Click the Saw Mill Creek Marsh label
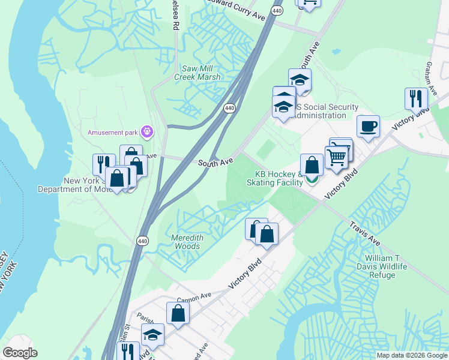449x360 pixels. tap(197, 72)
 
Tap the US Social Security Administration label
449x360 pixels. tap(321, 111)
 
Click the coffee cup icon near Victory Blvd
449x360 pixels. tap(368, 127)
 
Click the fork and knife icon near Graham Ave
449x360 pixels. tap(415, 97)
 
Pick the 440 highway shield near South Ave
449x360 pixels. tap(229, 108)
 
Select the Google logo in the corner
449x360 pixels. tap(20, 353)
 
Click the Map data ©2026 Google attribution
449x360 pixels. tap(412, 355)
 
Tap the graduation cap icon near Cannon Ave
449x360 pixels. tap(153, 335)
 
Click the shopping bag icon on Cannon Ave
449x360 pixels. tap(178, 313)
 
